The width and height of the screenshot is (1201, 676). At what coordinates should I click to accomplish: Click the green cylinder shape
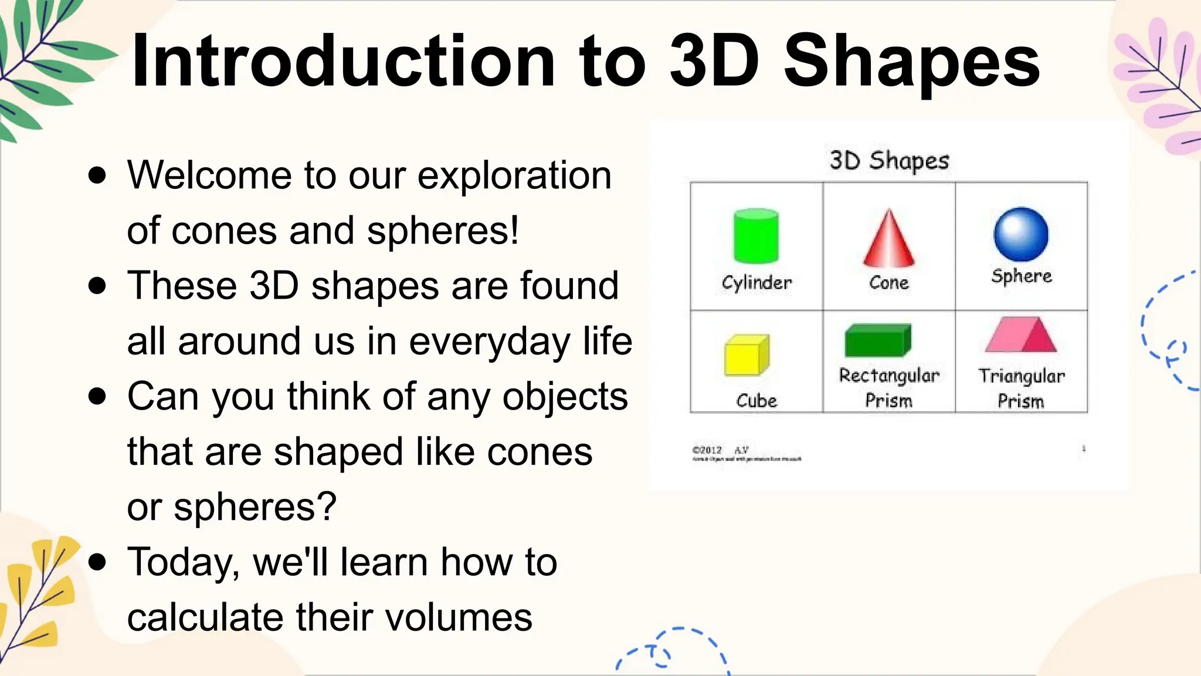point(756,236)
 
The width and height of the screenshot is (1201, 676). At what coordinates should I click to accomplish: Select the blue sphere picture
point(1021,234)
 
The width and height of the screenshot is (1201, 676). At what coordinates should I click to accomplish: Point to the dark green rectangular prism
point(878,340)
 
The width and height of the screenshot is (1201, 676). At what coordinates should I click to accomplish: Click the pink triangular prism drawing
point(1021,336)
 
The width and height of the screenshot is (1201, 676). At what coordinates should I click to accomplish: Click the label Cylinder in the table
point(756,282)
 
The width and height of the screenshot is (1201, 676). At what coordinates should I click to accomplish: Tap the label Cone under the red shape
point(888,282)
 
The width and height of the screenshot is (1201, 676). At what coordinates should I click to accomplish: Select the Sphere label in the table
point(1022,276)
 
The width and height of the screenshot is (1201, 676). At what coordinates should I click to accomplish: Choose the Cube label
point(756,401)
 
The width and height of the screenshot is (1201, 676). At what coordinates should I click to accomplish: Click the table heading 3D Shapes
point(889,160)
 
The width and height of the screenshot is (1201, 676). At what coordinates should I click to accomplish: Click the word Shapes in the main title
point(912,62)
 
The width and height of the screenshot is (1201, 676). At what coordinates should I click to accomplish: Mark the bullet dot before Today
point(97,562)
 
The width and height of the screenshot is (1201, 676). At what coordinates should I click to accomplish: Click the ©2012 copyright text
point(707,450)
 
